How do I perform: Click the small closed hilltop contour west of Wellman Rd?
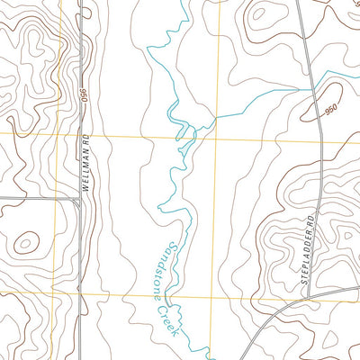point(27,241)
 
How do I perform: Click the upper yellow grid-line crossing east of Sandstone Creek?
point(216,137)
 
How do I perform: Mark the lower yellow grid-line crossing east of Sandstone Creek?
point(214,295)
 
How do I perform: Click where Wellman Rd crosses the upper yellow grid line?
point(81,134)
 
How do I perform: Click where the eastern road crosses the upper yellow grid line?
point(320,139)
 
